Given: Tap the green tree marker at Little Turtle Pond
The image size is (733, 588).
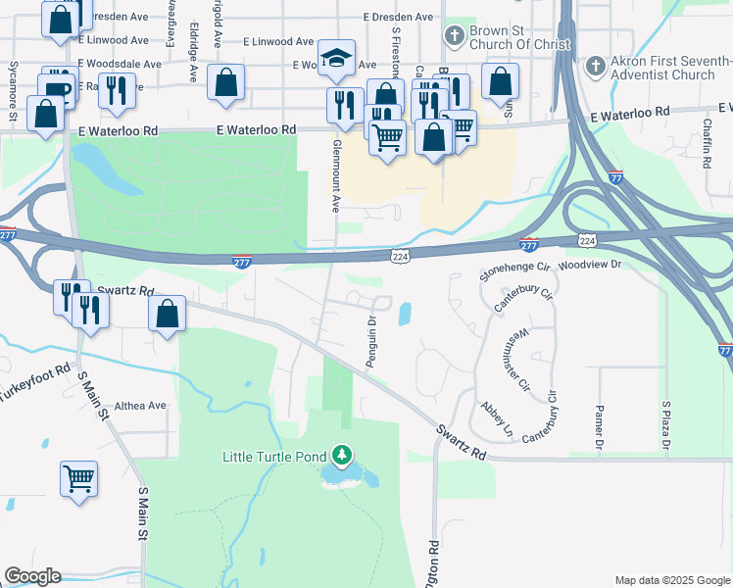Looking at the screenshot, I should pos(341,455).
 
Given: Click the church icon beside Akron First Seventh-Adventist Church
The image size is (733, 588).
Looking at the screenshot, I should pos(595,68).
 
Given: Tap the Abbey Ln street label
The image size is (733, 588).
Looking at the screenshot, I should pos(496,418).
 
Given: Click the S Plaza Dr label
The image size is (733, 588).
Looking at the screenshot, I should pos(665,425).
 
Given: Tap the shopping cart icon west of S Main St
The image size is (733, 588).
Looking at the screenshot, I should pos(78,479).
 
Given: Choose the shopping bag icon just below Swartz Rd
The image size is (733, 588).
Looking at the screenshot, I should pos(168,315).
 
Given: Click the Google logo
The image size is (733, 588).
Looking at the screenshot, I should pos(32,576).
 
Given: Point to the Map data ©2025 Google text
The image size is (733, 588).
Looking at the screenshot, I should pos(671,580).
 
